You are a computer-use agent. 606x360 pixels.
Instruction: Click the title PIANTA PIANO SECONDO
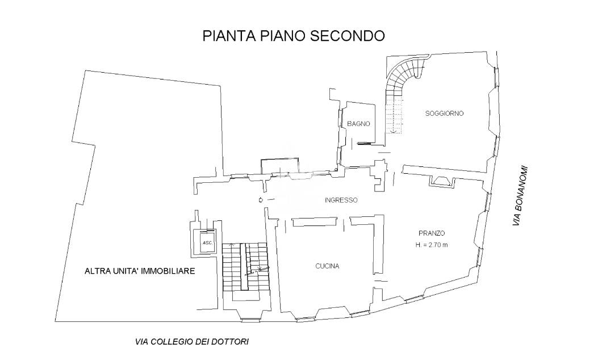[294, 36]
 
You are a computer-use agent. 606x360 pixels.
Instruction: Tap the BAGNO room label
[358, 124]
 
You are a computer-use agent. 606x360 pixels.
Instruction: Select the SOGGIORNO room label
[444, 114]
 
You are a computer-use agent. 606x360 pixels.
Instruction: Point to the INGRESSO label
[341, 200]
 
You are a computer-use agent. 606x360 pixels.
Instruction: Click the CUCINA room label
[327, 266]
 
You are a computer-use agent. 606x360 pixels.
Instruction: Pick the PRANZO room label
[432, 233]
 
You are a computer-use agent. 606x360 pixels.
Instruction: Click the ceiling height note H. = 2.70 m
[432, 245]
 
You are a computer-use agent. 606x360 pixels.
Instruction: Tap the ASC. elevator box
[207, 242]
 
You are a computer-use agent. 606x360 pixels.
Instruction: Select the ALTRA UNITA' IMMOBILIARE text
[140, 271]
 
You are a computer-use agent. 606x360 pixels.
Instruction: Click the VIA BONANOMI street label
[520, 196]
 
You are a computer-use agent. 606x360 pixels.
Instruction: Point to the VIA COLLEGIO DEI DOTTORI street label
[192, 342]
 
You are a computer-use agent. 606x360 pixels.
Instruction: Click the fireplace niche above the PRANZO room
[442, 181]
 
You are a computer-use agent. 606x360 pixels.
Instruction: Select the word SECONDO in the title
[348, 36]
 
